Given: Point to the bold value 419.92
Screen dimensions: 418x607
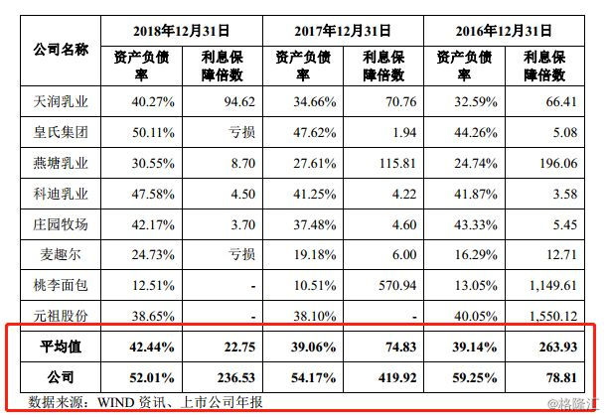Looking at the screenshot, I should (387, 378).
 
